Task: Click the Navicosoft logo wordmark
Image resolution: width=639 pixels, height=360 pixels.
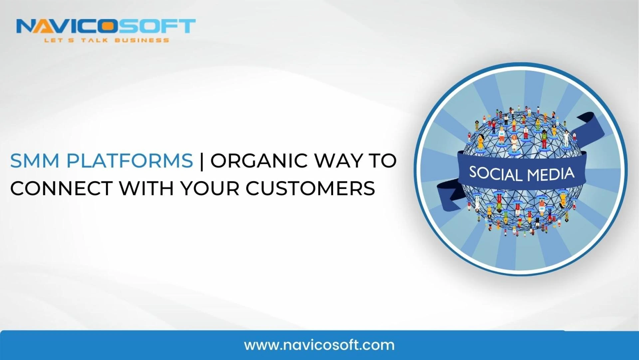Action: coord(106,26)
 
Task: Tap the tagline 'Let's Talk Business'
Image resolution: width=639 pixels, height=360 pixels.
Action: coord(106,40)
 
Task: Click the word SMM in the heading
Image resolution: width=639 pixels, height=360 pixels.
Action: coord(35,161)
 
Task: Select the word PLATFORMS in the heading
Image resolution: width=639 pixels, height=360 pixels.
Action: coord(130,161)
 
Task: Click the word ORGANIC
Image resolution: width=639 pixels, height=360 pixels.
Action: coord(259,161)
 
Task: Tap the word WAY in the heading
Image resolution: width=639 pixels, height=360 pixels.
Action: coord(338,161)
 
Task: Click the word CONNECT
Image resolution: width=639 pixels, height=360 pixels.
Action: coord(61,188)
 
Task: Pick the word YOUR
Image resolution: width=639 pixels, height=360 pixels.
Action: coord(210,188)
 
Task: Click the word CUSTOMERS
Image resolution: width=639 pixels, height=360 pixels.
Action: coord(311,188)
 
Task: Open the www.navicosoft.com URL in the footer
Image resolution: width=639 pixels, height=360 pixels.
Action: coord(319,345)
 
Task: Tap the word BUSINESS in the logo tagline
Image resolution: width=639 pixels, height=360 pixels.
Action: coord(142,40)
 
